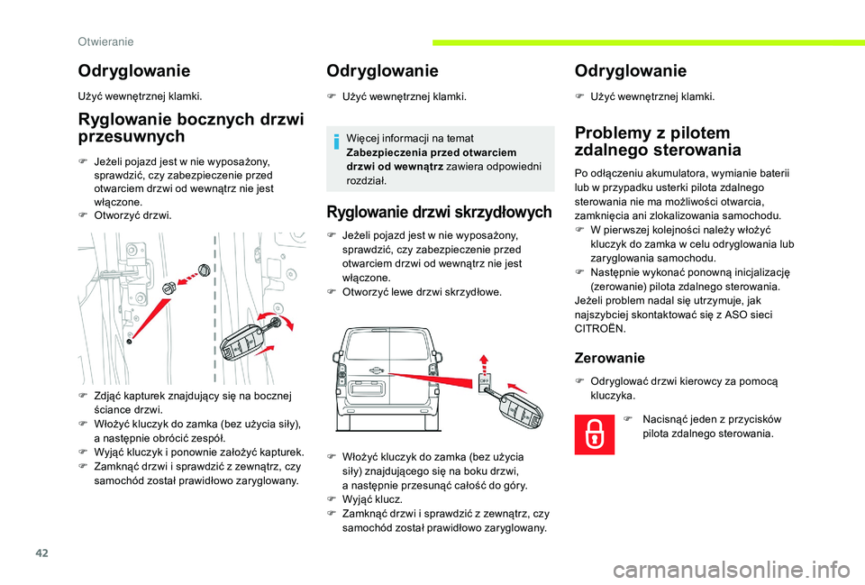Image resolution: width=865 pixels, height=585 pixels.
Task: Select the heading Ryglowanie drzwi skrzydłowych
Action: [439, 214]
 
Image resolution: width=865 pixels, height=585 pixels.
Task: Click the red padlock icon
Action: [596, 432]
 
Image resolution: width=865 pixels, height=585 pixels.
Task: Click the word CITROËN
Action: [599, 329]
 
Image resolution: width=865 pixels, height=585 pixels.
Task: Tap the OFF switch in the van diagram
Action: [482, 382]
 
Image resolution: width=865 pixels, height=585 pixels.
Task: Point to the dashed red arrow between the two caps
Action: [186, 279]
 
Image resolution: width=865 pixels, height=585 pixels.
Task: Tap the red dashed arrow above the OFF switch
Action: [483, 361]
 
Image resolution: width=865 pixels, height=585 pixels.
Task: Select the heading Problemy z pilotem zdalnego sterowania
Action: [658, 142]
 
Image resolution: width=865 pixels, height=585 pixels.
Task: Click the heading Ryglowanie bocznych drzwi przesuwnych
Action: [192, 127]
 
